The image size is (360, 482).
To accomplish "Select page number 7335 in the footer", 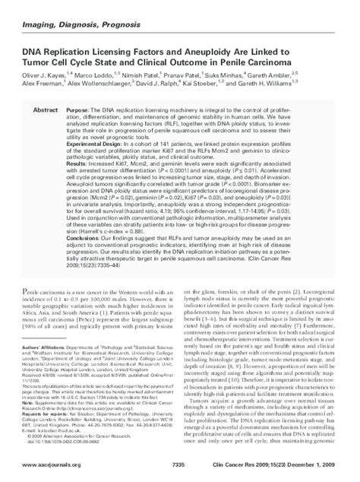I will (x=179, y=464).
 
